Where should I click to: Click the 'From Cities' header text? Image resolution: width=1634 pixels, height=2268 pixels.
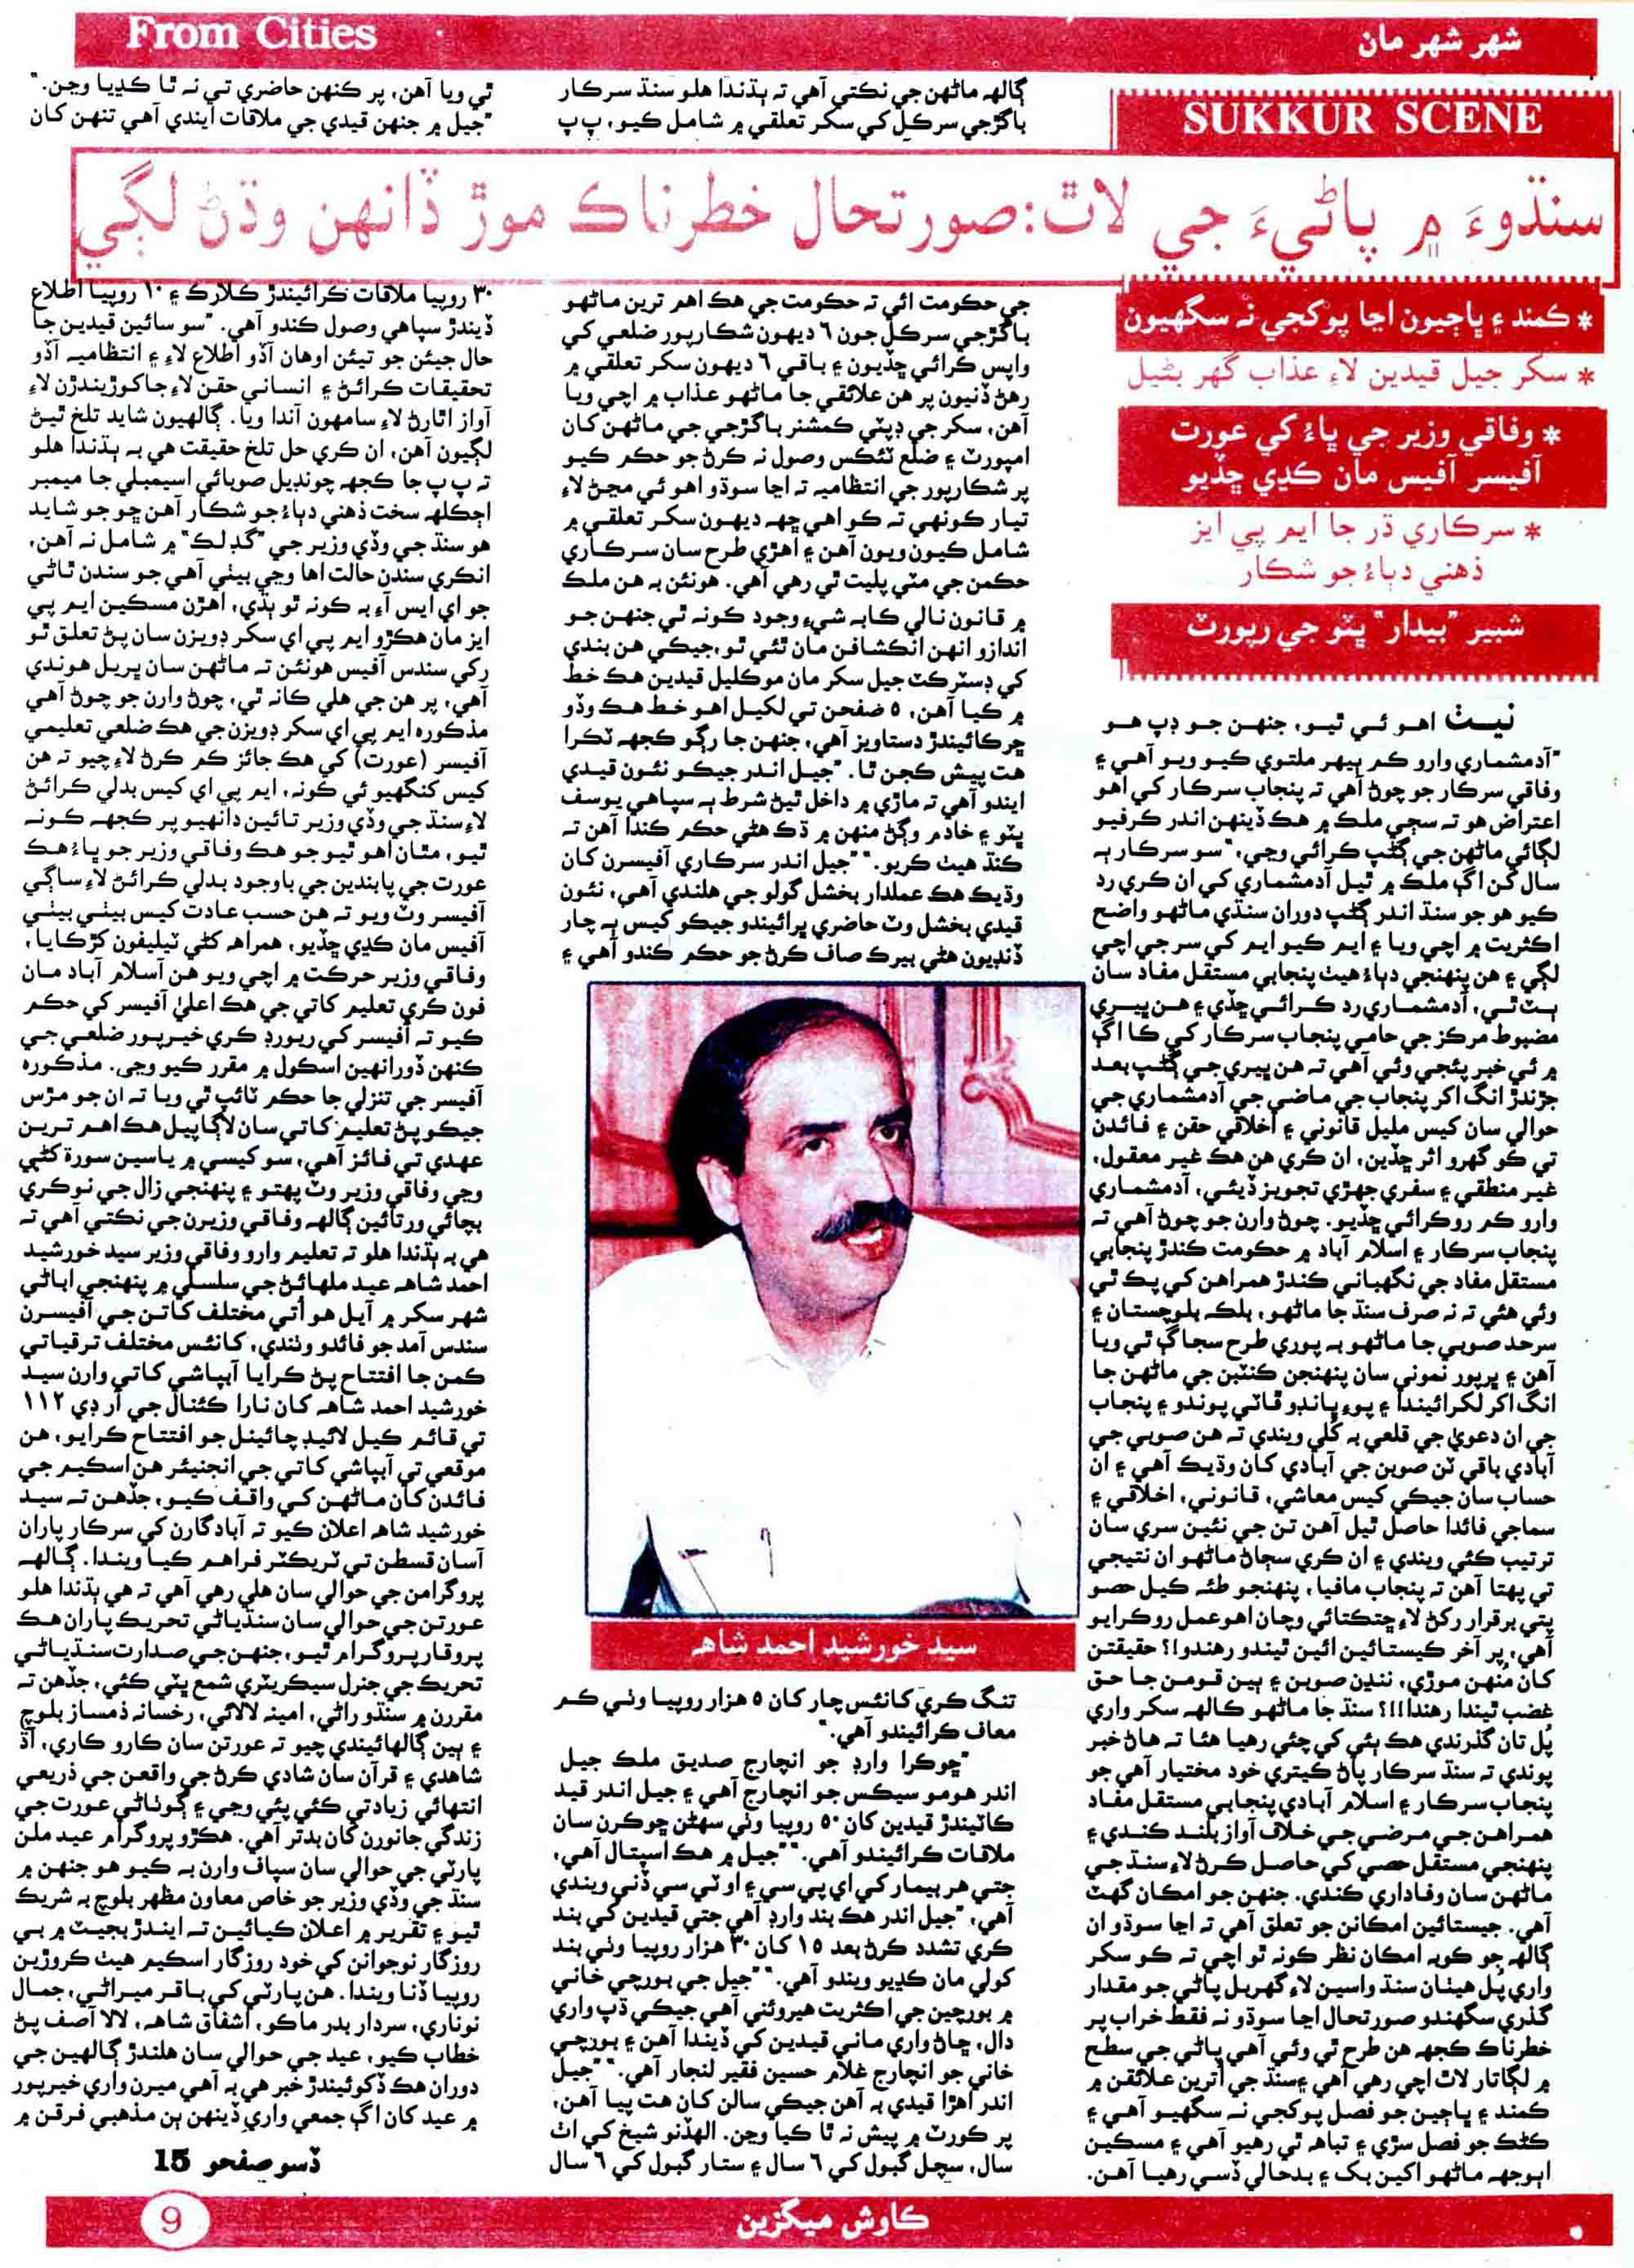(251, 35)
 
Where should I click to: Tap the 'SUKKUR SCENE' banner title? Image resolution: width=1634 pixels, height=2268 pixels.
(1363, 121)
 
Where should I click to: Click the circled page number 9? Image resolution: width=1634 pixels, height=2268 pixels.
(171, 2220)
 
